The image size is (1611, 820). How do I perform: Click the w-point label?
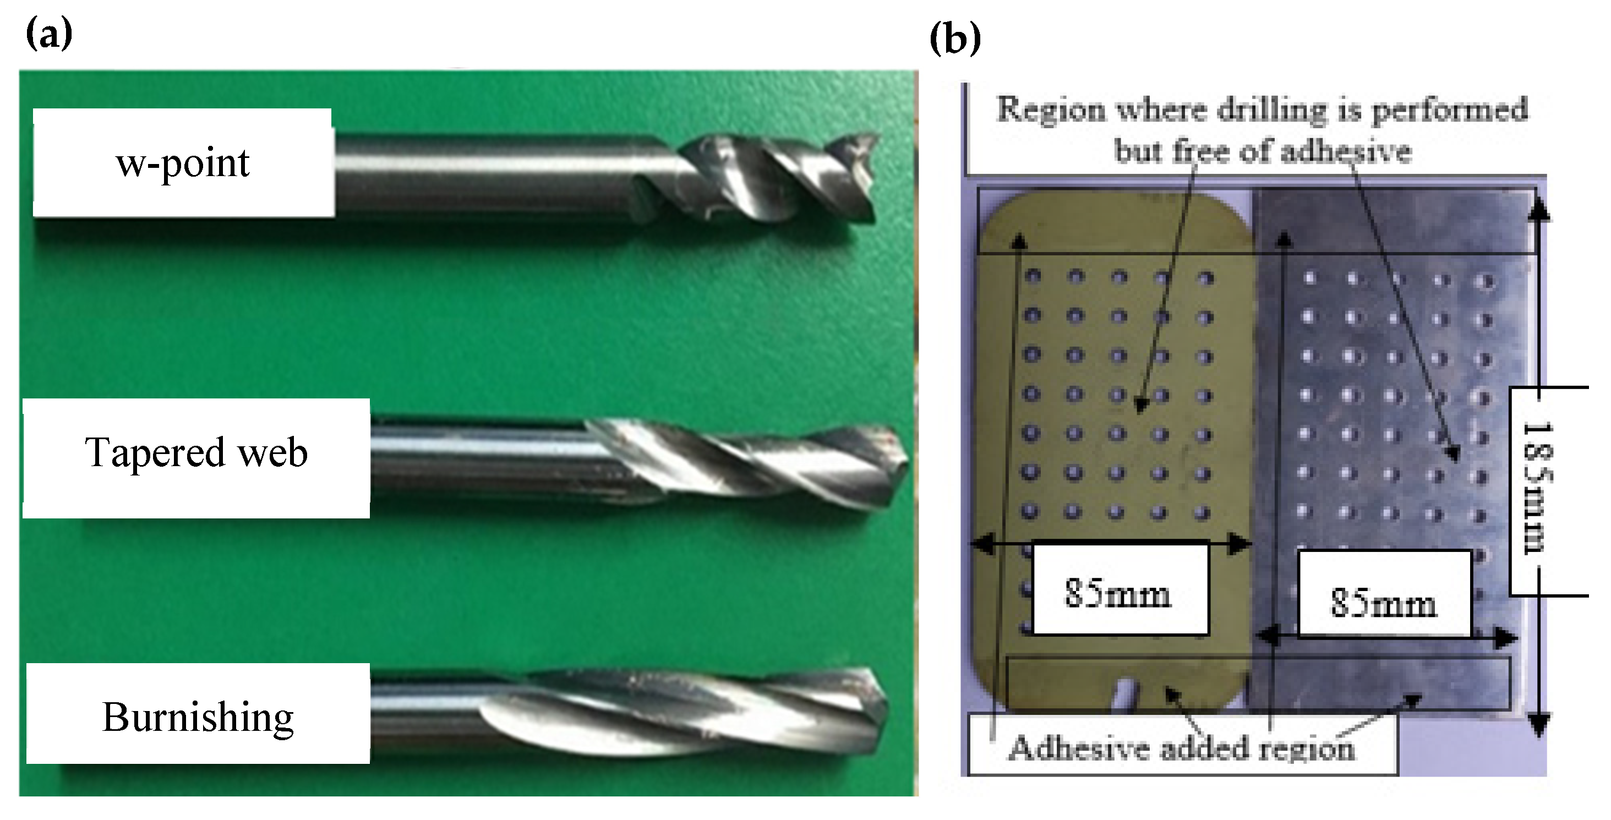pyautogui.click(x=183, y=163)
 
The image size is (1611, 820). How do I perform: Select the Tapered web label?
pyautogui.click(x=196, y=452)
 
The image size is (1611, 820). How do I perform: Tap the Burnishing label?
pyautogui.click(x=198, y=716)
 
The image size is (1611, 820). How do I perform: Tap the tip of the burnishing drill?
pyautogui.click(x=885, y=699)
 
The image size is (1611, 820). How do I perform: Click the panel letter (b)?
pyautogui.click(x=955, y=39)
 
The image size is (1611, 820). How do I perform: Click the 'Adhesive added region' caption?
pyautogui.click(x=1181, y=748)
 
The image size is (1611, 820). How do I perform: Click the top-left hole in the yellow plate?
pyautogui.click(x=1033, y=276)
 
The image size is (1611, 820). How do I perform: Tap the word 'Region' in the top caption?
pyautogui.click(x=1051, y=110)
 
